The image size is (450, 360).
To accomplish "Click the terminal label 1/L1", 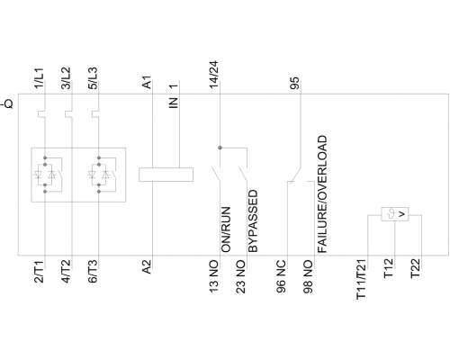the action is tap(40, 78).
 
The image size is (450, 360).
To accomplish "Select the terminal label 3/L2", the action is tap(66, 78).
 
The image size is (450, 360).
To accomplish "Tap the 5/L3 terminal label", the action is tap(93, 78).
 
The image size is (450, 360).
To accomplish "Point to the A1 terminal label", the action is tap(147, 82).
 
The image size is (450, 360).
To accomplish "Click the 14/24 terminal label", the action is tap(214, 75).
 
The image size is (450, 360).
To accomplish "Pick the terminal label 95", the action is tap(294, 83).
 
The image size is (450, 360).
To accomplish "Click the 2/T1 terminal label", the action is tap(40, 272).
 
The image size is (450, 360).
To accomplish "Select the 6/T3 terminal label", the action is tap(93, 272).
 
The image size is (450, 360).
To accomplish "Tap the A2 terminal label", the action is tap(147, 267).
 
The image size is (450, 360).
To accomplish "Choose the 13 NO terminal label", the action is tap(214, 276).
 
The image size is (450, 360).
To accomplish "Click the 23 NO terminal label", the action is tap(241, 276).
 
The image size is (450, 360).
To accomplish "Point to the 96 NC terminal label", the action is tap(281, 276).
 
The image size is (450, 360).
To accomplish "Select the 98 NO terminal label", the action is tap(308, 276).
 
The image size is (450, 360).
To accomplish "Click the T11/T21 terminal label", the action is tap(362, 279).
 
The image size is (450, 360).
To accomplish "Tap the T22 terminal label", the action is tap(416, 269).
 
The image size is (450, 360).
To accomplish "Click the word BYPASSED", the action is tap(253, 220).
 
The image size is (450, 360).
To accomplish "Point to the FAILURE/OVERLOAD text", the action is tap(322, 194).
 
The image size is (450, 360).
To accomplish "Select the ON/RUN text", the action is tap(226, 229).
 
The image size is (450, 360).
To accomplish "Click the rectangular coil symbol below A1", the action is tap(166, 175).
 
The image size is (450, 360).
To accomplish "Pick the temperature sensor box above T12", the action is tap(395, 214).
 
